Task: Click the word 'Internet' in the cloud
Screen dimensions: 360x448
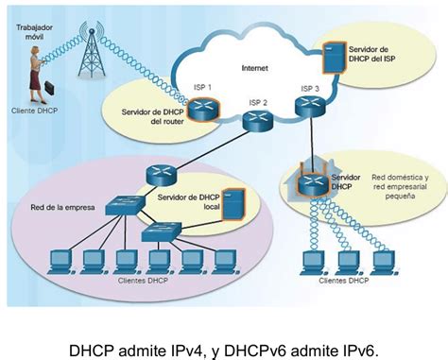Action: tap(254, 68)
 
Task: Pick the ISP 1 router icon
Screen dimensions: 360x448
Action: tap(201, 111)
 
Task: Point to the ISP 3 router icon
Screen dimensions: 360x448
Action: tap(310, 107)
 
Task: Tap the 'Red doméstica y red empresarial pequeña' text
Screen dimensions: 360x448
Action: tap(400, 184)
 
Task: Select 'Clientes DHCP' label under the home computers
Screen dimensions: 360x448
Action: tap(344, 281)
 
